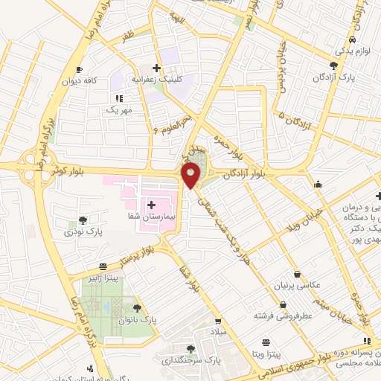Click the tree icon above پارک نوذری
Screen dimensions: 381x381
click(83, 220)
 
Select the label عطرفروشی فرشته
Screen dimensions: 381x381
click(284, 316)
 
